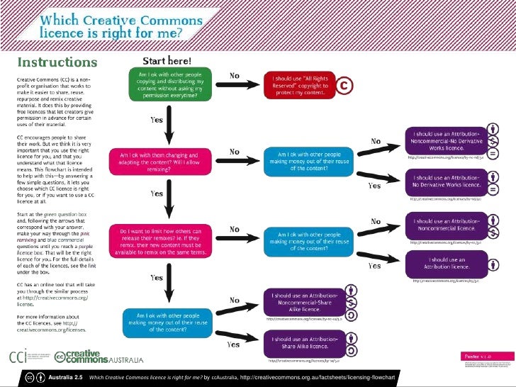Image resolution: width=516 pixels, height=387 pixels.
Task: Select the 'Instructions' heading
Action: pos(57,62)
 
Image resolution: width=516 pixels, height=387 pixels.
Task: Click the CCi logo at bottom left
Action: pos(28,355)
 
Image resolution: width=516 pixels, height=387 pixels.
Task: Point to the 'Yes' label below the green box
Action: pos(156,120)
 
